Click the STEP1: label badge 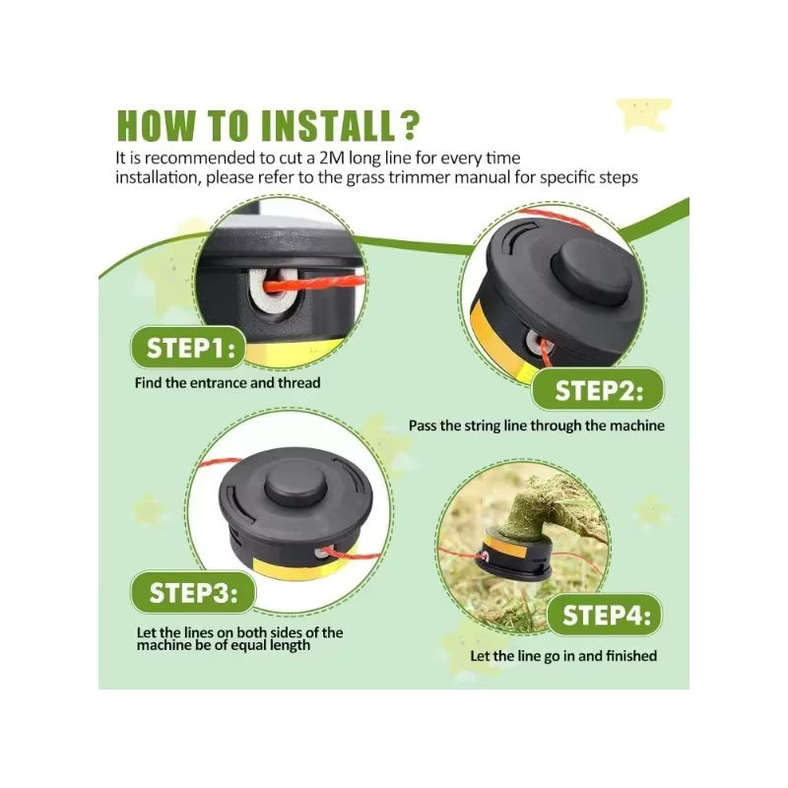[188, 348]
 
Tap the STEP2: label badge [598, 389]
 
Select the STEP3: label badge [193, 593]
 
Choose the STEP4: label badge [605, 615]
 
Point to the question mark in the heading [410, 126]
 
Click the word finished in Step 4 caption [631, 656]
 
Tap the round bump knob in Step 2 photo [592, 272]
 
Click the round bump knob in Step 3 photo [296, 483]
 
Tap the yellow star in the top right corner [644, 114]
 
